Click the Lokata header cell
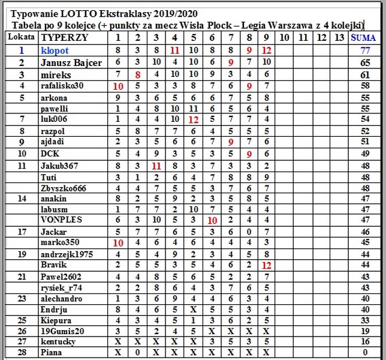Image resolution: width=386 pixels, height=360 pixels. pyautogui.click(x=21, y=37)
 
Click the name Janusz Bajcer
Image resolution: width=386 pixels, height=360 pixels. pyautogui.click(x=71, y=62)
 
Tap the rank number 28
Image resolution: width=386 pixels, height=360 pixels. pyautogui.click(x=21, y=353)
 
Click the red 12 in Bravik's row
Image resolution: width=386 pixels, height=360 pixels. pyautogui.click(x=267, y=265)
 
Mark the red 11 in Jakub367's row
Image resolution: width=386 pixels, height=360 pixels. pyautogui.click(x=156, y=165)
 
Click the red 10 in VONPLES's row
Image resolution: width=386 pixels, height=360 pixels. pyautogui.click(x=212, y=220)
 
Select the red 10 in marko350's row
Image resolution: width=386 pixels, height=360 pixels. pyautogui.click(x=118, y=242)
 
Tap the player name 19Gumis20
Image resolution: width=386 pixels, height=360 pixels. pyautogui.click(x=61, y=330)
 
